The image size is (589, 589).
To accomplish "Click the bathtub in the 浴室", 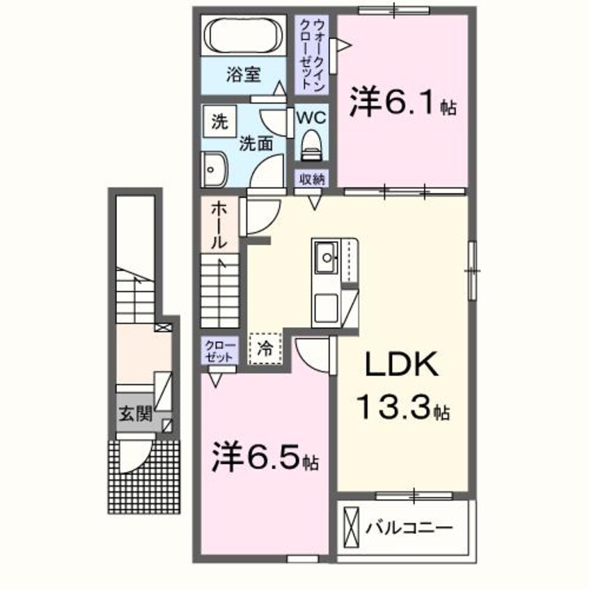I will pyautogui.click(x=244, y=35).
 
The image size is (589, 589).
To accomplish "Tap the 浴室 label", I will pyautogui.click(x=243, y=74).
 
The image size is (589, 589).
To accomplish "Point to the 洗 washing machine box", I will pyautogui.click(x=219, y=123).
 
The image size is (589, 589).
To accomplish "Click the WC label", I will pyautogui.click(x=311, y=118).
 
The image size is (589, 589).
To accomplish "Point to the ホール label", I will pyautogui.click(x=218, y=225).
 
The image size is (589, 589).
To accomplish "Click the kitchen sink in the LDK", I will pyautogui.click(x=326, y=260).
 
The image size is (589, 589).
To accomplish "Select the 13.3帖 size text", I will pyautogui.click(x=405, y=406).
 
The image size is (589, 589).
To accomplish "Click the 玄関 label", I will pyautogui.click(x=134, y=414).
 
